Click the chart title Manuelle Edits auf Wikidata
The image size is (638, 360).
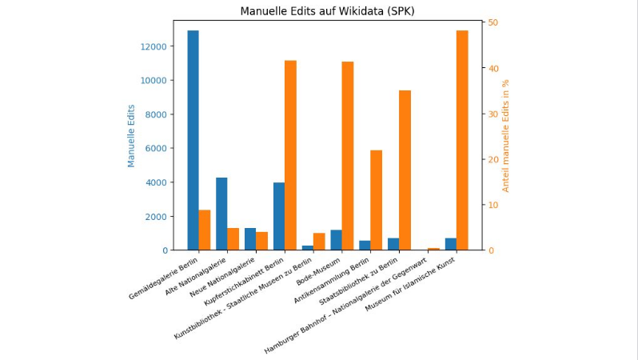coord(328,11)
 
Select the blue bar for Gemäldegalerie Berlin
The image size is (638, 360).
coord(193,140)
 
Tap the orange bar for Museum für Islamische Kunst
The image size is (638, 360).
coord(462,140)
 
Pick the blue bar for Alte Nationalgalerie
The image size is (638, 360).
coord(221,214)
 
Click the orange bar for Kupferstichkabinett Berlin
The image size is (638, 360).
coord(290,155)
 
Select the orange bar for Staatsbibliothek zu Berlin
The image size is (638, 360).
coord(405,170)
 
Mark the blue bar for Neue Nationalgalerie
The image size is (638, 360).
coord(250,239)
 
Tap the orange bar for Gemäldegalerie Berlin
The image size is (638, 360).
coord(205,230)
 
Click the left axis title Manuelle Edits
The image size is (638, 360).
coord(132,136)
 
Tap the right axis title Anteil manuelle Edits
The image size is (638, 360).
coord(505,136)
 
